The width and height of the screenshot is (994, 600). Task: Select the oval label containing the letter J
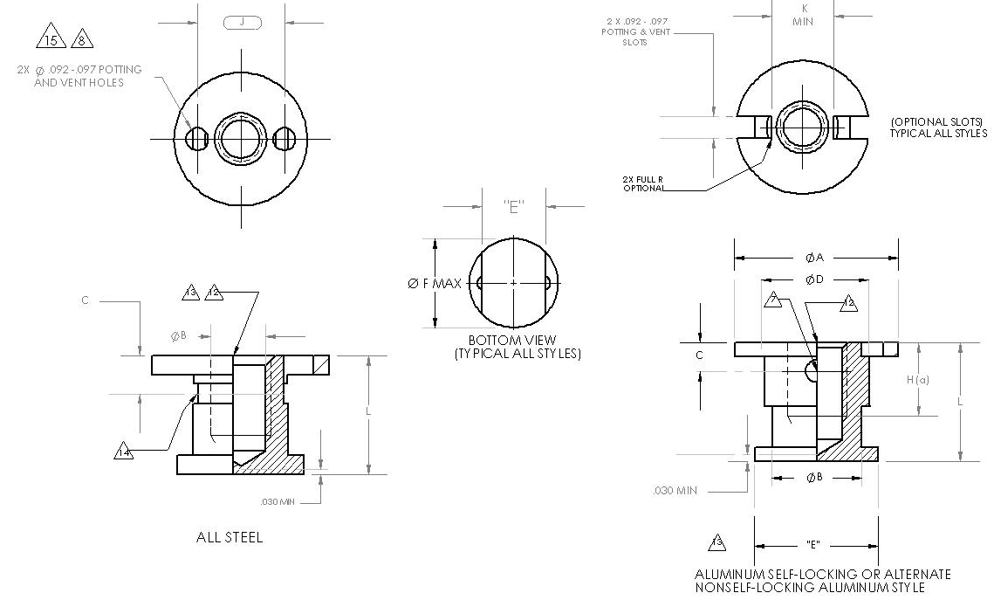(242, 22)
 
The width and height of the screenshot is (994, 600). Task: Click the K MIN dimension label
(803, 15)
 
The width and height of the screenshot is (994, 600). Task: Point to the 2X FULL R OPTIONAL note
(643, 183)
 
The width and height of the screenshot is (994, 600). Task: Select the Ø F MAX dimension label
(435, 284)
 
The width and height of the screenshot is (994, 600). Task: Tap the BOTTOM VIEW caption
(512, 340)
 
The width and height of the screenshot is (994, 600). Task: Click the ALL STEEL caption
(230, 537)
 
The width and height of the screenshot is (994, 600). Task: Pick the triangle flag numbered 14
(124, 452)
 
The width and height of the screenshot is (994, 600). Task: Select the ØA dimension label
(815, 258)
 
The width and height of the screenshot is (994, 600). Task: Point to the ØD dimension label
(814, 279)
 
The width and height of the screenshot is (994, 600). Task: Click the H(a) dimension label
(917, 380)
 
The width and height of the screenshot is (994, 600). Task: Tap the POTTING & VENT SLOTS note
(636, 31)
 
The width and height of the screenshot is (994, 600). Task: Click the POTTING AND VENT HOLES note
(79, 76)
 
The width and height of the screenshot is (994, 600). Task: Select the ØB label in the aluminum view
(814, 477)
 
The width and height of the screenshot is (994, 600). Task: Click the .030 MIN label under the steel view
(278, 502)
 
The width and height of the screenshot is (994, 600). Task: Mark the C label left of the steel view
(86, 300)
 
